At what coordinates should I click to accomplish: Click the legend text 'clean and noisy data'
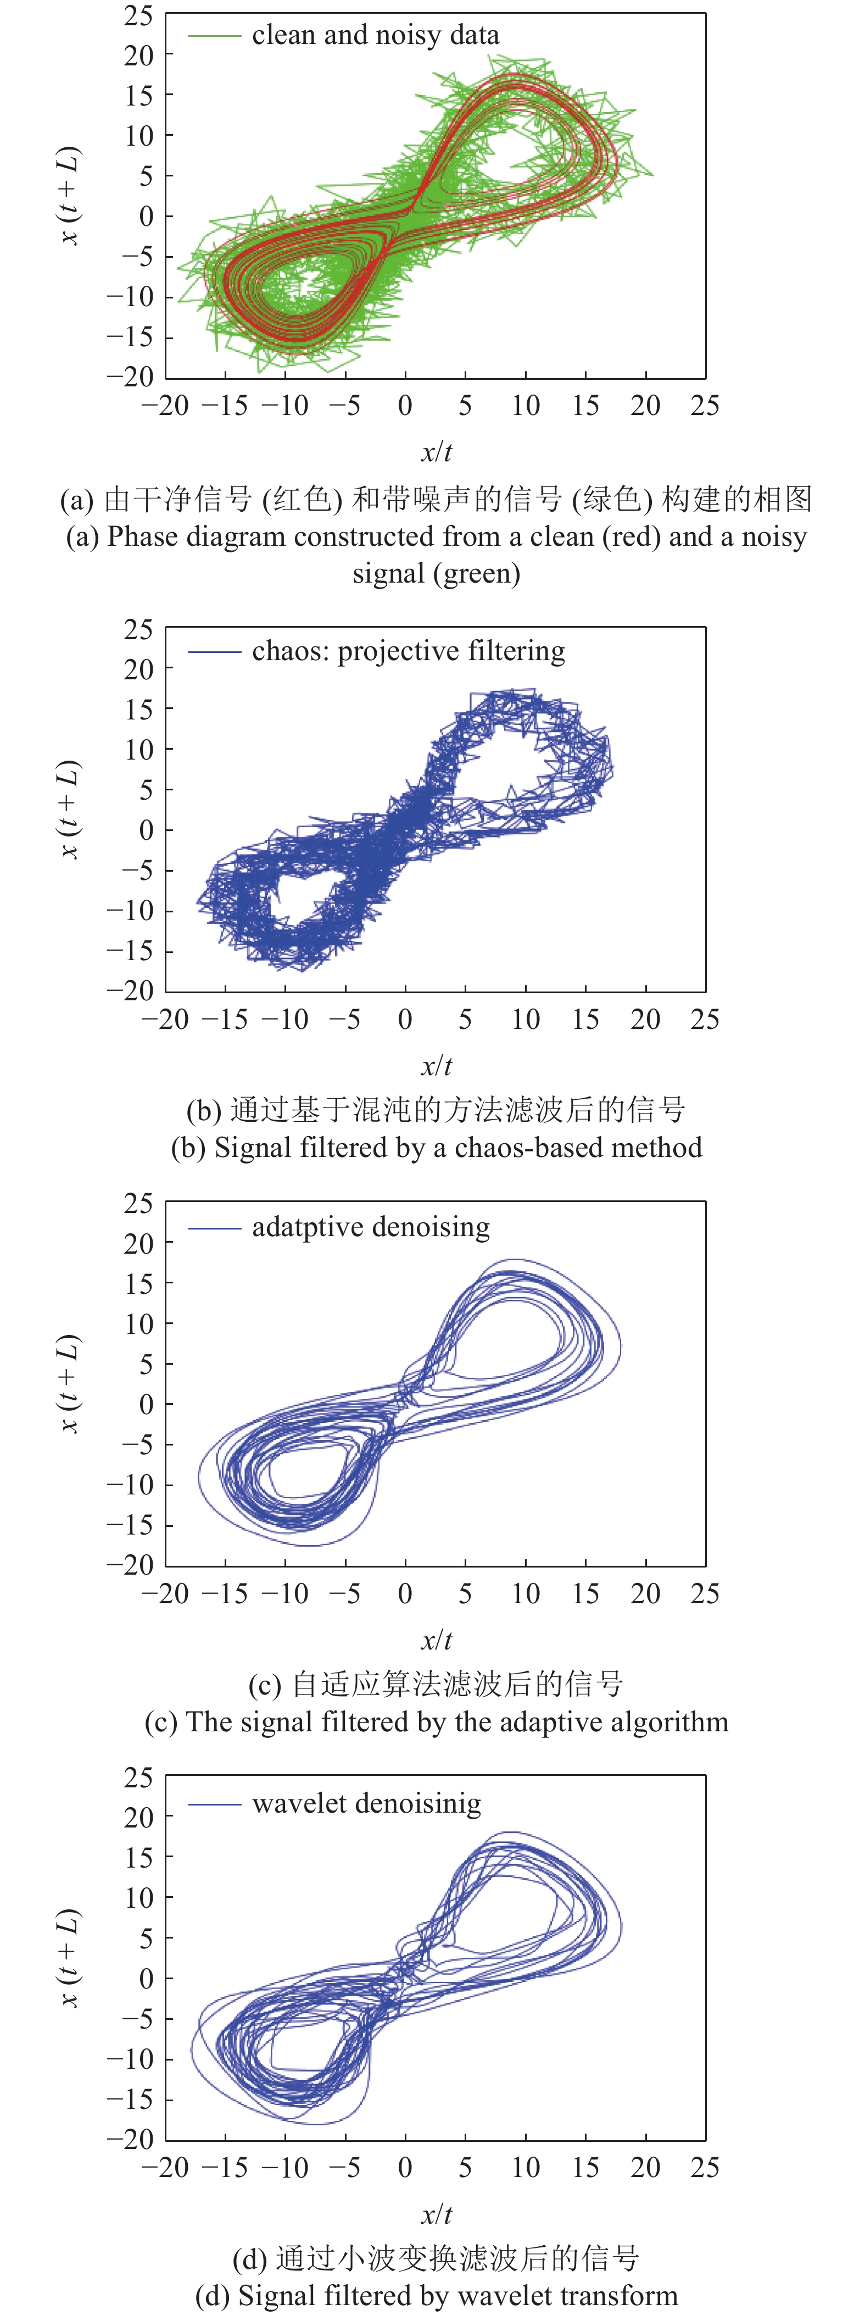376,35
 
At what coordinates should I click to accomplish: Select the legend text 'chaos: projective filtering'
408,651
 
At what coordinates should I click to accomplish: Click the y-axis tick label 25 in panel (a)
139,15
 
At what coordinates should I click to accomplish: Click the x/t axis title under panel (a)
437,452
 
